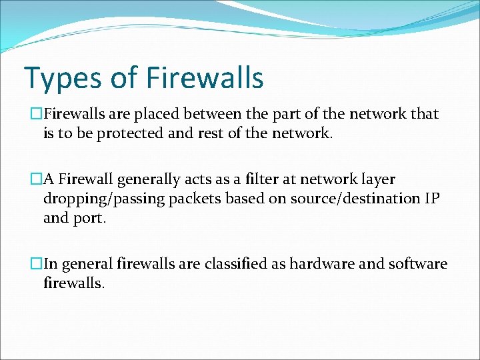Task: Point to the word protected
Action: point(130,133)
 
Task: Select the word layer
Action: point(377,180)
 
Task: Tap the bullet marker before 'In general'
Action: point(37,264)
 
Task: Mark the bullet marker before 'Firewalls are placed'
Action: point(37,114)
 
